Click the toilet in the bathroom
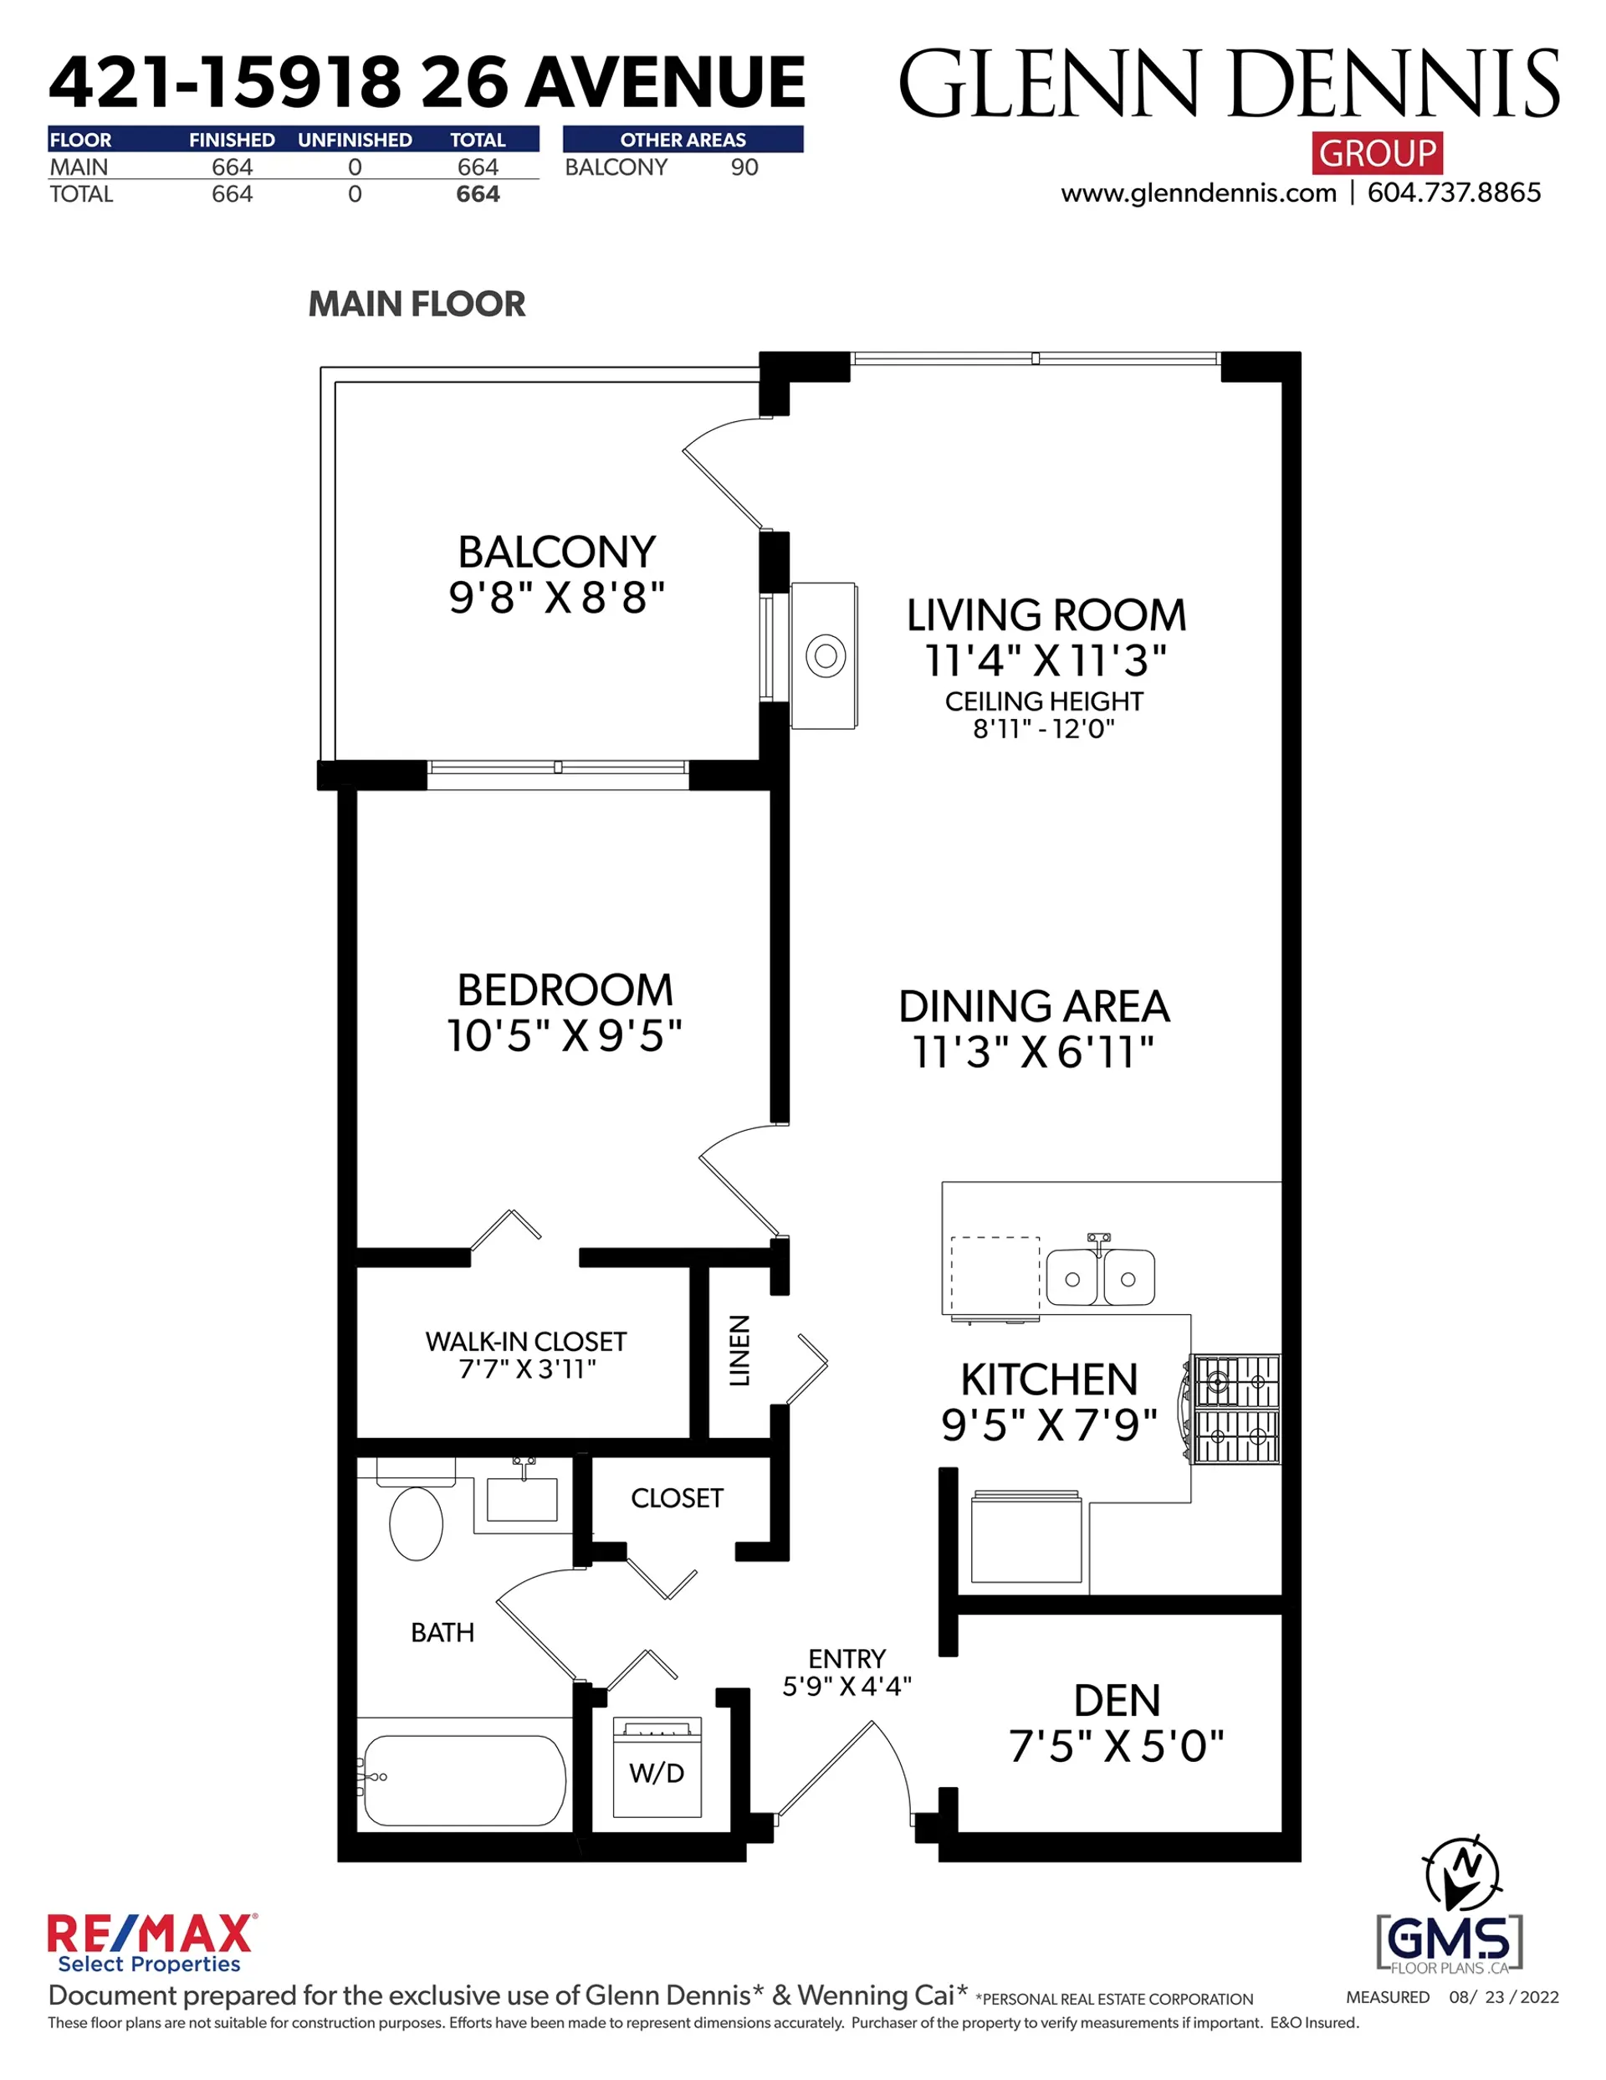point(416,1521)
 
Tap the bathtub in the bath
point(464,1780)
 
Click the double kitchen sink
point(1100,1277)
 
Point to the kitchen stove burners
point(1236,1409)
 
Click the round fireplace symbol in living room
point(826,655)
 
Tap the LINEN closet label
point(739,1349)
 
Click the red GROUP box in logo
point(1377,152)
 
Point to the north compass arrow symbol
point(1462,1872)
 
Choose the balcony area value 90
point(744,167)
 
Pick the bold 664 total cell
point(477,194)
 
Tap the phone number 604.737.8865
point(1454,193)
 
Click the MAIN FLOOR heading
point(416,304)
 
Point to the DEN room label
point(1117,1700)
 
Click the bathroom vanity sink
point(522,1499)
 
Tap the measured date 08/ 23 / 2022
point(1503,1997)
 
